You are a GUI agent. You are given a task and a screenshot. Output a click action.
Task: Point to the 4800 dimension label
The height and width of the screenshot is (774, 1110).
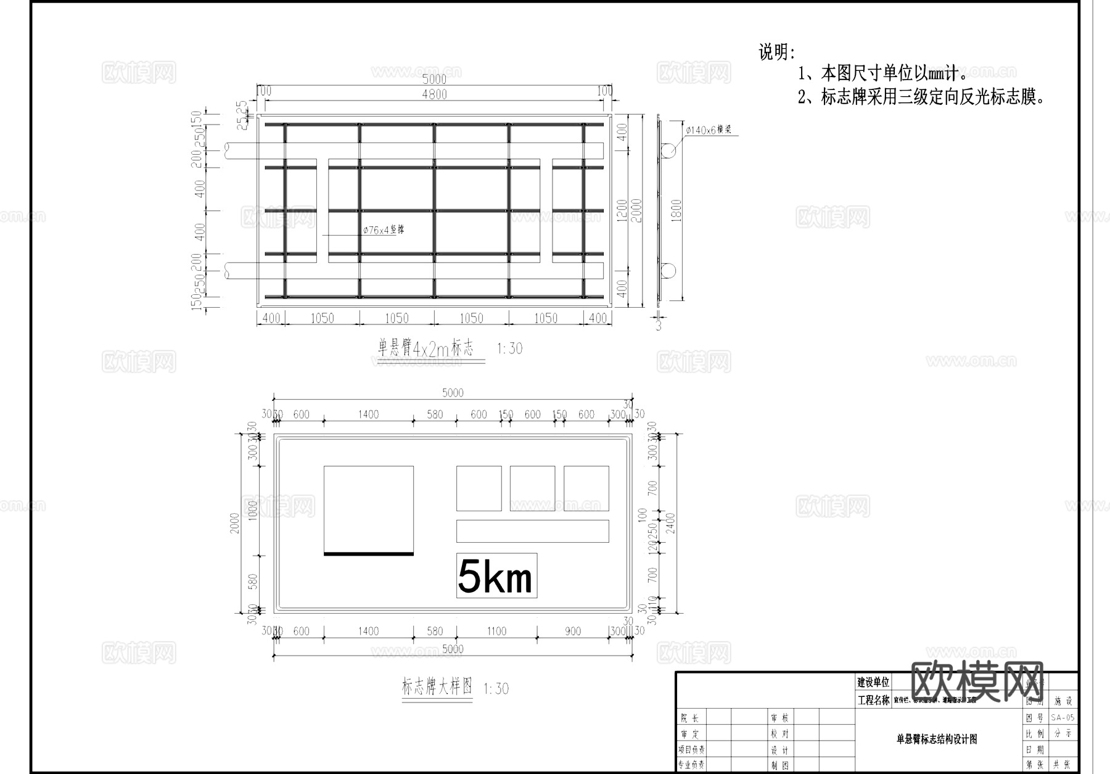pos(434,94)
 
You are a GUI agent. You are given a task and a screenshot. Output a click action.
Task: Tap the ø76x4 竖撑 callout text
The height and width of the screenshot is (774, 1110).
pos(384,230)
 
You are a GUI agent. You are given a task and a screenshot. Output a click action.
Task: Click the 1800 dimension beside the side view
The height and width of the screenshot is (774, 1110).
pos(676,210)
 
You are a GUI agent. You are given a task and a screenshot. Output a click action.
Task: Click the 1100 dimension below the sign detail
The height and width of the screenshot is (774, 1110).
pos(496,631)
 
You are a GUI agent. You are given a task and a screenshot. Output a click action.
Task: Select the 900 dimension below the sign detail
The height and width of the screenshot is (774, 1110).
pos(573,631)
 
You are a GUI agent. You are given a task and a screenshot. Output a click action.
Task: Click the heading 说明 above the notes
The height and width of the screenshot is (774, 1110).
pos(776,52)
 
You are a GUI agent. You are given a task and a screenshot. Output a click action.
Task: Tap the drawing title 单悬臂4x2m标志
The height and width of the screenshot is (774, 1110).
pos(425,348)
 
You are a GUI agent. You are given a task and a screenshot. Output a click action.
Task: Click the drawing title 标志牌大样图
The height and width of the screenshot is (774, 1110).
pos(437,687)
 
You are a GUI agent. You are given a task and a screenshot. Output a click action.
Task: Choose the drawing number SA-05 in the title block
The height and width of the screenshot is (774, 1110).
pos(1063,717)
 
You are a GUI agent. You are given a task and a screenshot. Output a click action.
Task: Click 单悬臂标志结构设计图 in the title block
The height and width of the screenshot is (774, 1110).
pos(937,739)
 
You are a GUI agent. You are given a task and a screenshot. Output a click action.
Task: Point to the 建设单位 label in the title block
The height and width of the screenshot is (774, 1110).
pos(873,682)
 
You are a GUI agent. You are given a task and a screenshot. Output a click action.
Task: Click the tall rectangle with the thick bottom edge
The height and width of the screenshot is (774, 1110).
pos(368,510)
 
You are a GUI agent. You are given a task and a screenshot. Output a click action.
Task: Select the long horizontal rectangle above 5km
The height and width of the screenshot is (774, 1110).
pos(532,531)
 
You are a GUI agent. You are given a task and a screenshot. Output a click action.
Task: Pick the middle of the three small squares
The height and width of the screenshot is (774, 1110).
pos(532,488)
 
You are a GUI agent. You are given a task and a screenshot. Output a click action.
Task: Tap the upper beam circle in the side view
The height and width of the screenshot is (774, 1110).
pos(668,150)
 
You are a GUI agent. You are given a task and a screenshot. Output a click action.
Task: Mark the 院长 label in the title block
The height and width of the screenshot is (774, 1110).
pos(690,718)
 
